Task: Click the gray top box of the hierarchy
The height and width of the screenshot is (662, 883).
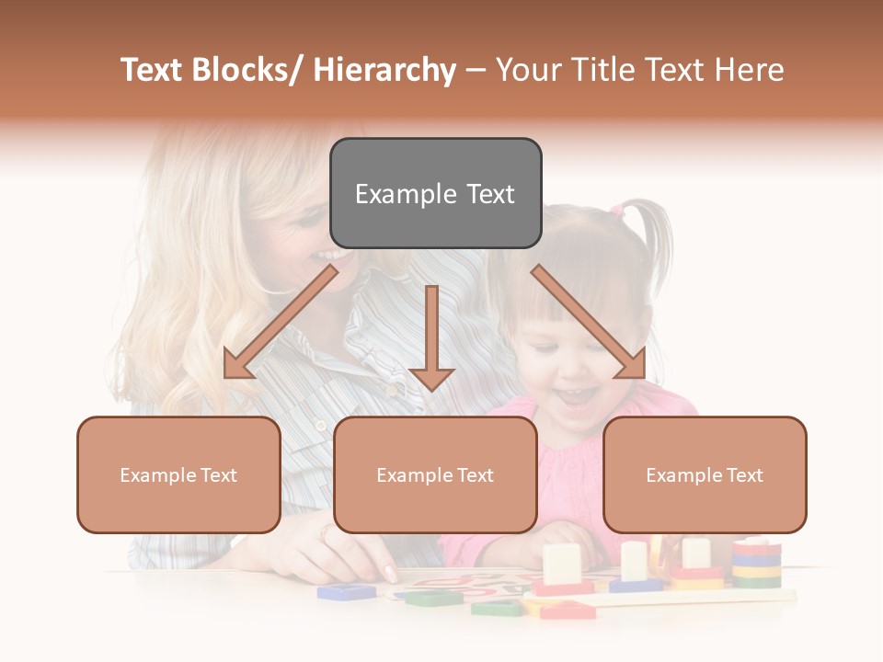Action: click(435, 193)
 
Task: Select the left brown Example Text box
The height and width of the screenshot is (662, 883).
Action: click(178, 474)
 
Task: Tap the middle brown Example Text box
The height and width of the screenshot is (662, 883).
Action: click(435, 474)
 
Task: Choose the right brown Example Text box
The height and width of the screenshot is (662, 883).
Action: click(705, 474)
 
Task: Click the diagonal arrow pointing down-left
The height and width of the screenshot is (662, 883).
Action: click(281, 322)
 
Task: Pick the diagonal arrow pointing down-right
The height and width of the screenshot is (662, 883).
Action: click(589, 322)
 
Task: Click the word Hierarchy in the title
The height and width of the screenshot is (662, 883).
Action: click(384, 70)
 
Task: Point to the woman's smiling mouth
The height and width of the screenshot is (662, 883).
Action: click(324, 256)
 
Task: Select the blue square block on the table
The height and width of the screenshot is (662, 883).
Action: click(346, 591)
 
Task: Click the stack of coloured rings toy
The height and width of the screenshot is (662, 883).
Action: click(756, 563)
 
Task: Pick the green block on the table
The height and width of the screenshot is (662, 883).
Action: click(433, 599)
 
